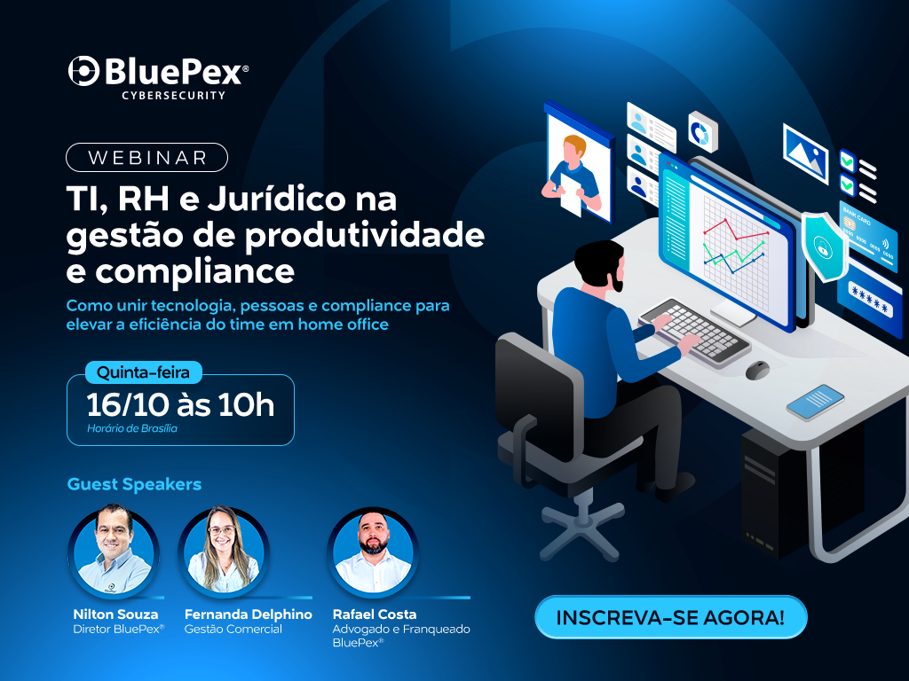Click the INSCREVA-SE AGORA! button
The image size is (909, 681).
coord(671,617)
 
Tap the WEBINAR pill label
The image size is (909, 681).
coord(146,158)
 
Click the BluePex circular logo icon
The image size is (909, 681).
coord(83,72)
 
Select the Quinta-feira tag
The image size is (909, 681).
coord(143,372)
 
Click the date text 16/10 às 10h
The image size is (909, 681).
coord(179,404)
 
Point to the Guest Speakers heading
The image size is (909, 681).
coord(135,484)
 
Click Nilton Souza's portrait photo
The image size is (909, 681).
coord(114,551)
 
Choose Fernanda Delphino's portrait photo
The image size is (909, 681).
coord(224,551)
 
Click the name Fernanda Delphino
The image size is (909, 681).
coord(249,614)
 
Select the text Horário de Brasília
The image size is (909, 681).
coord(132,428)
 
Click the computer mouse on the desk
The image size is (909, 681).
coord(757,370)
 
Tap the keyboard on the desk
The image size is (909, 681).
coord(694,332)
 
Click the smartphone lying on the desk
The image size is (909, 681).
coord(815,402)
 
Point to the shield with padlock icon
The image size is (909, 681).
coord(824,247)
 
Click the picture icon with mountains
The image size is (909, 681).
coord(806,153)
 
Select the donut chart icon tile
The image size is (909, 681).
coord(702,132)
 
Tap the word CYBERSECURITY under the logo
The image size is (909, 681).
coord(173,96)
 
